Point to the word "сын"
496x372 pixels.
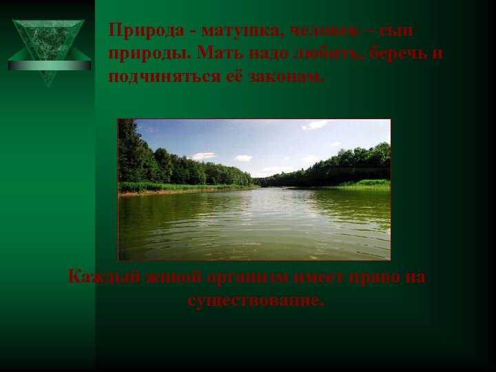tap(399, 32)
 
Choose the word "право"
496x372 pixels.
tap(379, 278)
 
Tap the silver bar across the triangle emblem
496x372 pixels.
tap(49, 65)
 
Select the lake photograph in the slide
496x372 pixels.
tap(254, 189)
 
